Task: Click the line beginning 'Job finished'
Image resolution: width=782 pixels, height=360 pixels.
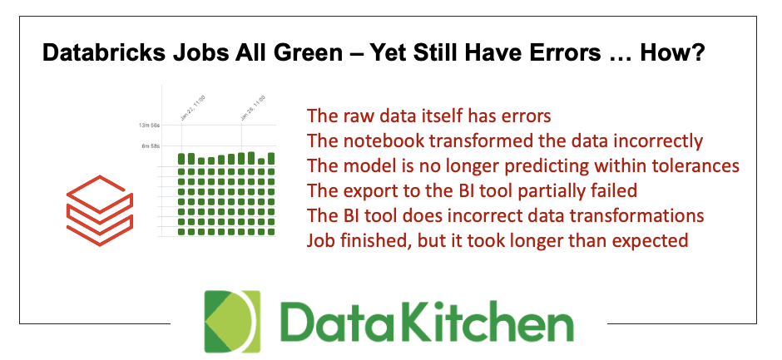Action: (x=497, y=240)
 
